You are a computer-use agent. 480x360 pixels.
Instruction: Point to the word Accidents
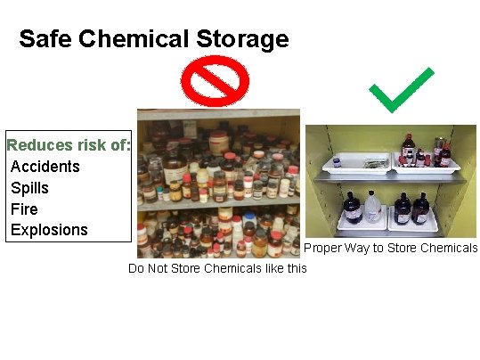45,167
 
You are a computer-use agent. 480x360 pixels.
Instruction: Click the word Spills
30,188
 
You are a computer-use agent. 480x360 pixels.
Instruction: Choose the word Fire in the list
25,209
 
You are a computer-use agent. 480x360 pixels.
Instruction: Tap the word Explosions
49,230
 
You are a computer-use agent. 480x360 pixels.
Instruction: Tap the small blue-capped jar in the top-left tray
337,162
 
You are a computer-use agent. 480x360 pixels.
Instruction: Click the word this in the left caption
292,268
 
